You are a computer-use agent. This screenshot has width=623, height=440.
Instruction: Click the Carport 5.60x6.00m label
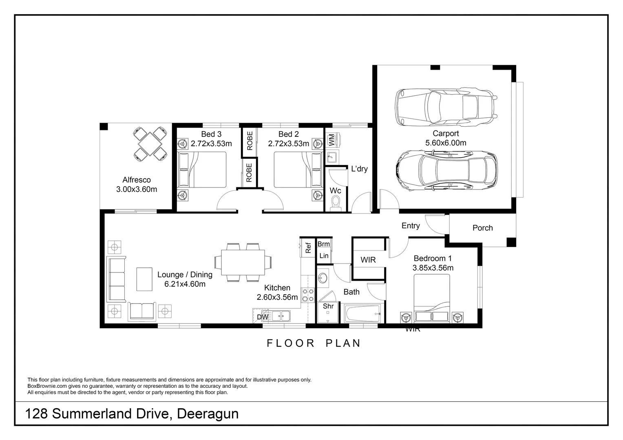tap(446, 138)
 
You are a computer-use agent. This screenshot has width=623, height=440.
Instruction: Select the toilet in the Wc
tap(336, 202)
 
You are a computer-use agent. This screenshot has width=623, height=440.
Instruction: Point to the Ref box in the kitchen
tap(308, 247)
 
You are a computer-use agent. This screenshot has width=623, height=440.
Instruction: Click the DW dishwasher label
tap(263, 317)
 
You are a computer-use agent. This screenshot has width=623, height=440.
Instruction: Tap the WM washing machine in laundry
tap(331, 140)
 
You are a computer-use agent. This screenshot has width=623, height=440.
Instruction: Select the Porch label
tap(482, 228)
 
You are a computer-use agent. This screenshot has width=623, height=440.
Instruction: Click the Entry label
tap(410, 226)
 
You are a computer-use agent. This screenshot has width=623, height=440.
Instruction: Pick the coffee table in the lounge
tap(144, 279)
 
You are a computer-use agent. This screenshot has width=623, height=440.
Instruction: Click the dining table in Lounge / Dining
tap(243, 262)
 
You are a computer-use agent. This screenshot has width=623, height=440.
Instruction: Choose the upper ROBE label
tap(250, 141)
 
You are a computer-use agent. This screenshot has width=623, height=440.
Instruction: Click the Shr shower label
tap(328, 306)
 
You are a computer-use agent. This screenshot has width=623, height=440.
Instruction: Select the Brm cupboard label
tap(323, 244)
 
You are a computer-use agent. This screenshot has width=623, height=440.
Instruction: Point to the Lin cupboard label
tap(324, 256)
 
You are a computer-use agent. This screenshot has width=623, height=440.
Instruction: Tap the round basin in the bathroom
tap(323, 278)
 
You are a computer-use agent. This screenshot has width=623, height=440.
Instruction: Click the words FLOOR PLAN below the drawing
tap(314, 343)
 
